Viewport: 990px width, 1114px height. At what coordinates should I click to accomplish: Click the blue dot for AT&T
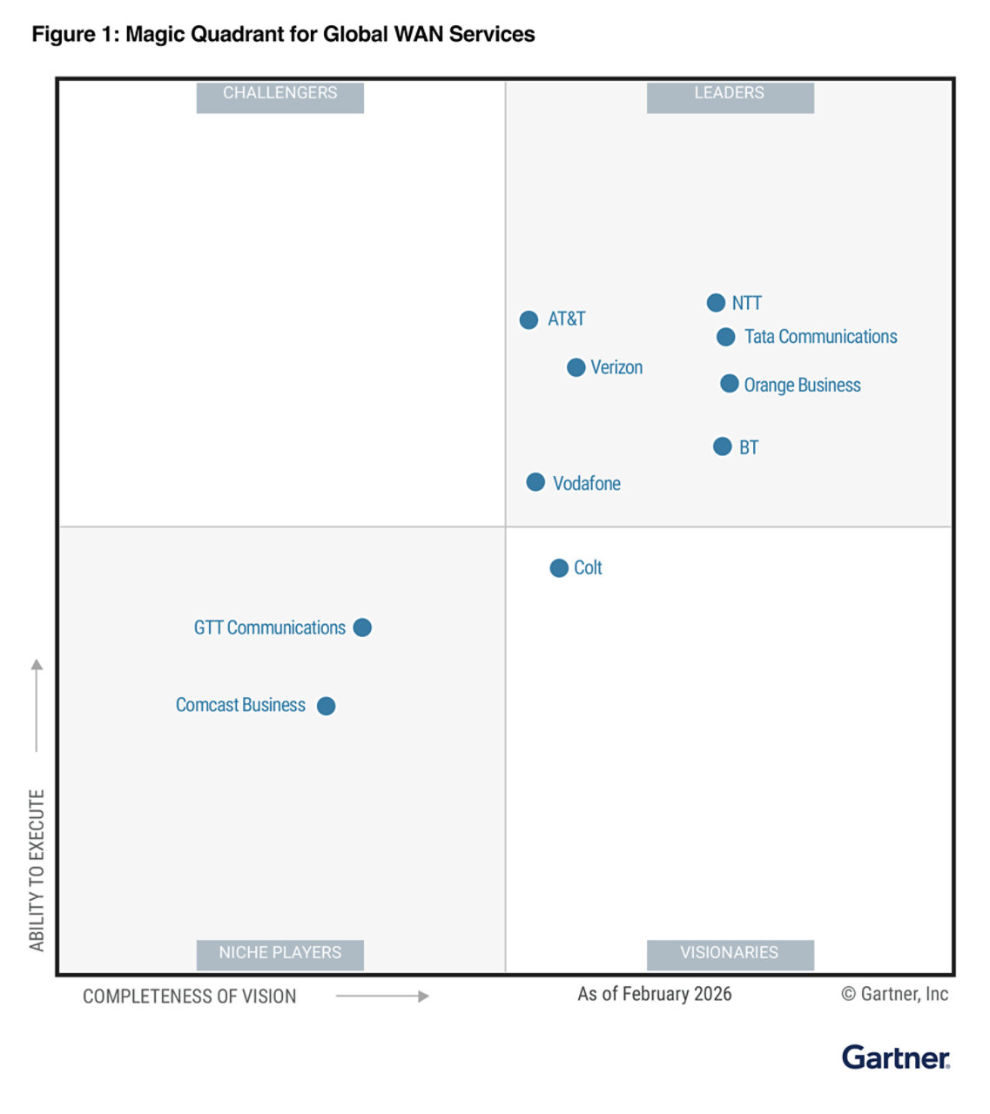tap(529, 320)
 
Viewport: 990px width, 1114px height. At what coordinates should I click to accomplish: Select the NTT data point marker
tap(716, 303)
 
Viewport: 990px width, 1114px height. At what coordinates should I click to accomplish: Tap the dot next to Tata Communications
tap(725, 337)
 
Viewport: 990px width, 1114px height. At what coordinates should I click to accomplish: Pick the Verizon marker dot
tap(576, 368)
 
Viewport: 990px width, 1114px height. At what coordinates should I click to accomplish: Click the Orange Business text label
tap(802, 386)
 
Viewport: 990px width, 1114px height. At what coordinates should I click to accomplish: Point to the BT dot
tap(722, 446)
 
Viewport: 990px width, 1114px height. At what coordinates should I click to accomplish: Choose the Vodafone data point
tap(535, 482)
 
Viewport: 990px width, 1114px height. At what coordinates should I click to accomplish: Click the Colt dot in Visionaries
tap(559, 568)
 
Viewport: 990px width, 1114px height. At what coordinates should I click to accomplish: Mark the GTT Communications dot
tap(362, 627)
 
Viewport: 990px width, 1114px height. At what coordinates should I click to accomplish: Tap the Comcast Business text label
tap(240, 705)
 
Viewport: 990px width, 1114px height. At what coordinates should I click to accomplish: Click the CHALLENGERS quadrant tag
tap(279, 94)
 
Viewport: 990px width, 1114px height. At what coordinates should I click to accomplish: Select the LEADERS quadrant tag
tap(730, 94)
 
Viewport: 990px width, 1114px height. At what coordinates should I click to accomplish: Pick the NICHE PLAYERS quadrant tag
tap(279, 953)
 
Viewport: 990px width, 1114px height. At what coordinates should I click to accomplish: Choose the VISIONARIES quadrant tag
tap(730, 953)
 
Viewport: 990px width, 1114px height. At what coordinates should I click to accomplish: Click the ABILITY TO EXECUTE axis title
tap(37, 870)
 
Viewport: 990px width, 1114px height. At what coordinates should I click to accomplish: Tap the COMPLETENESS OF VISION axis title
tap(189, 997)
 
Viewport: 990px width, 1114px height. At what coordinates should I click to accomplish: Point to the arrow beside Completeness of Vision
tap(382, 997)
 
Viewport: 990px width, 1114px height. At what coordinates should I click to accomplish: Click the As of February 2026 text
tap(654, 994)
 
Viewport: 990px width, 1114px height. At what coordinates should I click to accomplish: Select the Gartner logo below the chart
tap(895, 1057)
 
